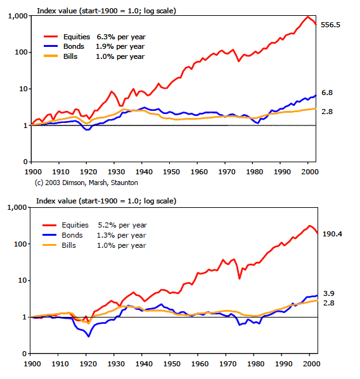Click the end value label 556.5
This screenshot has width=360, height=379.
(330, 25)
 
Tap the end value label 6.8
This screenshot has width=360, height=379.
(327, 93)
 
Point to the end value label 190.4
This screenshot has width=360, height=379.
(332, 234)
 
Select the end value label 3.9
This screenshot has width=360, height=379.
(328, 293)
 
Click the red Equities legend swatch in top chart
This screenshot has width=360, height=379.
(51, 37)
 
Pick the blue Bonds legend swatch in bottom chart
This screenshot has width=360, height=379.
(49, 234)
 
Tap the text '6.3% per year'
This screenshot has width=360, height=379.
(121, 37)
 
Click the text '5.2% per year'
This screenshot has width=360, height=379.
(122, 225)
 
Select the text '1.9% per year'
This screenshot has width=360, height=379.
(120, 46)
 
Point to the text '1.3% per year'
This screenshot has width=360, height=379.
(121, 235)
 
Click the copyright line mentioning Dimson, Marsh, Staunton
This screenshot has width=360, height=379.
(86, 183)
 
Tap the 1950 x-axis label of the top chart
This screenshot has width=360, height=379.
(171, 172)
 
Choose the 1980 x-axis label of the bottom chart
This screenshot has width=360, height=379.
(256, 364)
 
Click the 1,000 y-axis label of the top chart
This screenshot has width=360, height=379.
(18, 16)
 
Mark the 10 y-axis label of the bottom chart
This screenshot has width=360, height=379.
(22, 280)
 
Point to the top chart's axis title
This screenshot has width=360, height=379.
(106, 11)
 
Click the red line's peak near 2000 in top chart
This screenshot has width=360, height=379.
(307, 16)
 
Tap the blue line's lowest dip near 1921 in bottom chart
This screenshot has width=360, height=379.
(89, 336)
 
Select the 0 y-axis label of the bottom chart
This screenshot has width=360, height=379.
(25, 354)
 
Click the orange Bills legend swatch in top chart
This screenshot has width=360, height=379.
(51, 56)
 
